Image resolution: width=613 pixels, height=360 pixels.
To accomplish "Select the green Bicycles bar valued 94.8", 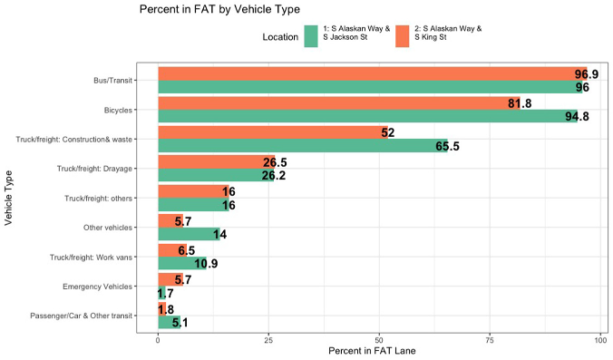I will (363, 116).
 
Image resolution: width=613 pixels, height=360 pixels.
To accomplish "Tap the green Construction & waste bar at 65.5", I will (299, 145).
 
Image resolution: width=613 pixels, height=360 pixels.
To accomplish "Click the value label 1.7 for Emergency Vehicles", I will (166, 293).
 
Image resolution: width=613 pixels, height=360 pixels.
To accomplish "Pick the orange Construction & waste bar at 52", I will (272, 132).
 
